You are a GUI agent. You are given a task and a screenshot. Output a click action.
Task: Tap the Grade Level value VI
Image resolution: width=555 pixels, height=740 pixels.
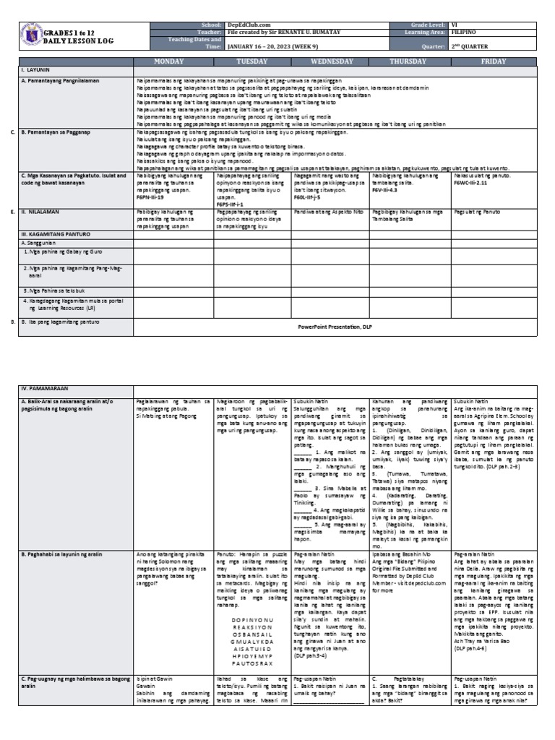454,25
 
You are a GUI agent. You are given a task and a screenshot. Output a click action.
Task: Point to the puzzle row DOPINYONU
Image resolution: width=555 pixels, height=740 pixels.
252,598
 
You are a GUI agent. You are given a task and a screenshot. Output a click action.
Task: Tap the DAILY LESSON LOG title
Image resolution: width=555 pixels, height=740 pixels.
71,42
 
